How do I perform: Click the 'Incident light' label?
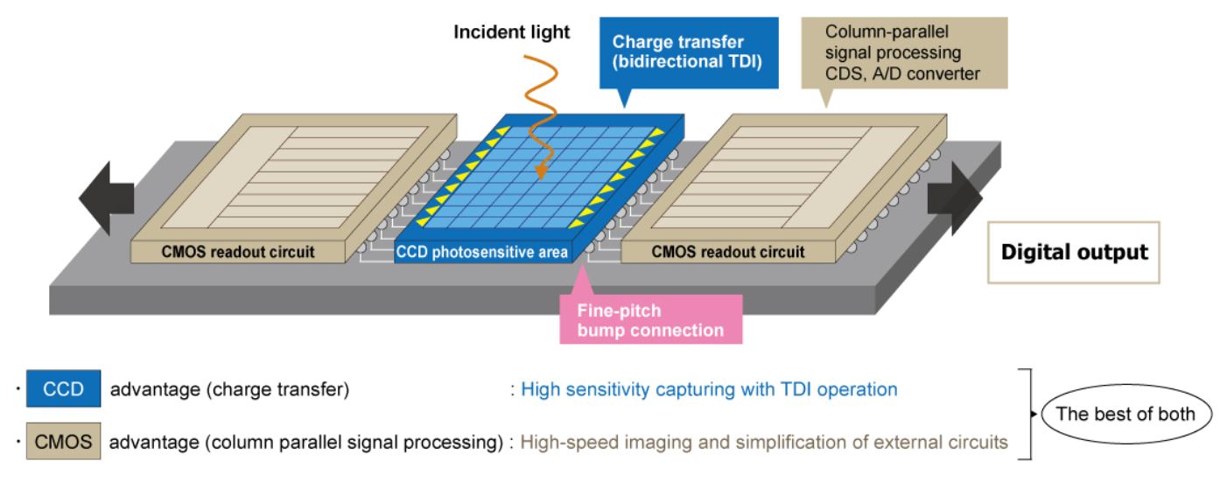(x=511, y=33)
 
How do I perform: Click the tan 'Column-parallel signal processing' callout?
(x=902, y=53)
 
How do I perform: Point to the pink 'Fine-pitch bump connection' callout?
(x=650, y=320)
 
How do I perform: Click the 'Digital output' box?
(x=1074, y=253)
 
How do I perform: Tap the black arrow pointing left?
(x=105, y=198)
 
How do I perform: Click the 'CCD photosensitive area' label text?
(x=482, y=253)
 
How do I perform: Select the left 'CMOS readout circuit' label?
(x=237, y=253)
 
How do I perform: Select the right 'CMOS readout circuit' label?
(x=727, y=253)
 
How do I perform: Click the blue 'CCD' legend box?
(x=63, y=389)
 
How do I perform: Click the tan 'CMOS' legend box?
(x=63, y=442)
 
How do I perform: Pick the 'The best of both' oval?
(x=1125, y=414)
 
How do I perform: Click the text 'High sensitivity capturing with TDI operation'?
(x=709, y=389)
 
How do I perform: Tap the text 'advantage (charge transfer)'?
(x=229, y=390)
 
